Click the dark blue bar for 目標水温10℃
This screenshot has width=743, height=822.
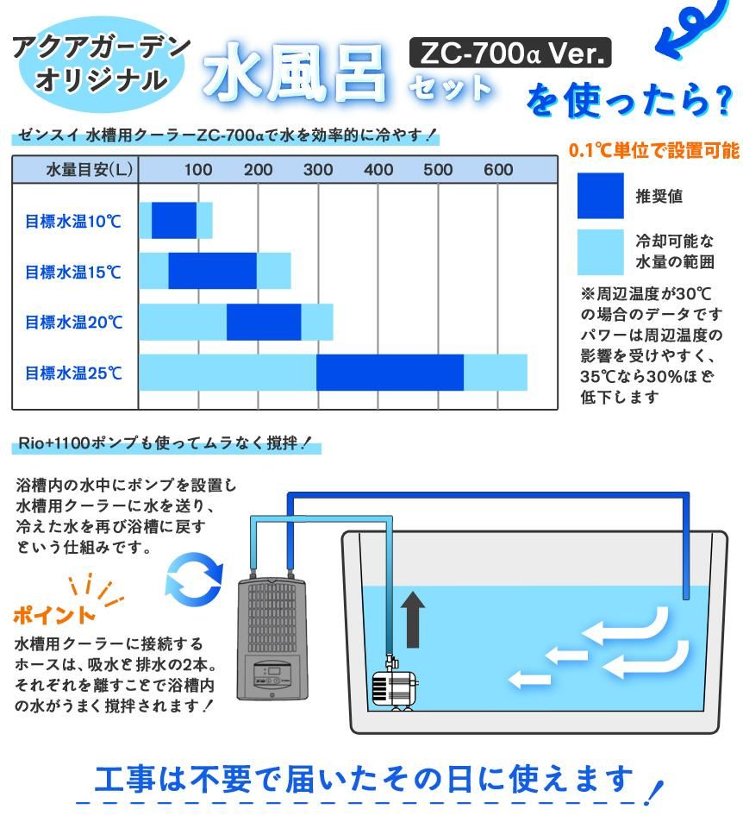(x=174, y=220)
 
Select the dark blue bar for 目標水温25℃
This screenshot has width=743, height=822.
(x=390, y=373)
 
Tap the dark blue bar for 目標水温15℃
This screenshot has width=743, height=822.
(x=213, y=271)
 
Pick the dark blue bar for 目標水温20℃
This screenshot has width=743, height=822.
(x=264, y=322)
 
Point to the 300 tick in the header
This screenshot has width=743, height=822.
(x=318, y=170)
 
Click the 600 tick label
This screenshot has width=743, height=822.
(x=498, y=170)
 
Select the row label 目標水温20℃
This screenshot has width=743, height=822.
(x=74, y=322)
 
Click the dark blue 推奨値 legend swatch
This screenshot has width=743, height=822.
(x=601, y=196)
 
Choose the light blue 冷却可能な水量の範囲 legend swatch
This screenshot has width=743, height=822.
(x=601, y=252)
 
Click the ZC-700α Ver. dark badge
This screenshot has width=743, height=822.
(x=510, y=53)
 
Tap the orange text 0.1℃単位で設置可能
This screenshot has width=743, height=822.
(x=654, y=150)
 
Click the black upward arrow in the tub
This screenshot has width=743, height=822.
(x=413, y=619)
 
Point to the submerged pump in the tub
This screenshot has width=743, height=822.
(x=395, y=683)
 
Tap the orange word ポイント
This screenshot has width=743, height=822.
(x=54, y=614)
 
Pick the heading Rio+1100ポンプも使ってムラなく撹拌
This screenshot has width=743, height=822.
(x=165, y=443)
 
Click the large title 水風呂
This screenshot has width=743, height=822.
(x=295, y=72)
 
